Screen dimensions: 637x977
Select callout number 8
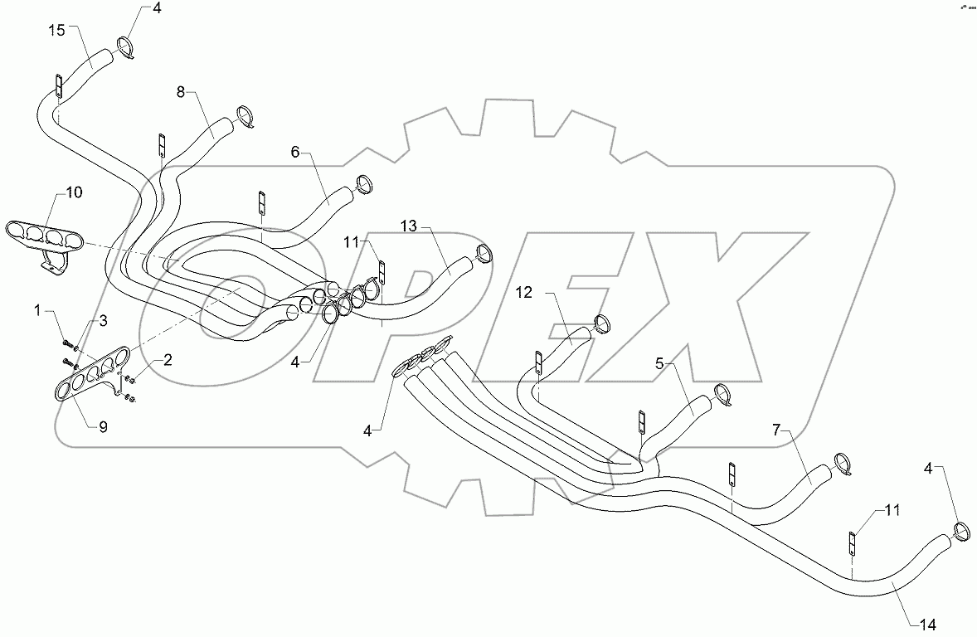coord(182,92)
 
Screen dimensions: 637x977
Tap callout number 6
coord(294,153)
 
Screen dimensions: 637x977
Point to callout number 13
coord(408,226)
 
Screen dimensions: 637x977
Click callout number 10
coord(74,192)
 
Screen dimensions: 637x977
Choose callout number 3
coord(104,319)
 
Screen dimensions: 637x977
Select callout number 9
coord(103,427)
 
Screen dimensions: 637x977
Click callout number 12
coord(523,292)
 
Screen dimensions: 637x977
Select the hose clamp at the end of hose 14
coord(963,531)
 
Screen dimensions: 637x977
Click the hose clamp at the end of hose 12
coord(604,323)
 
